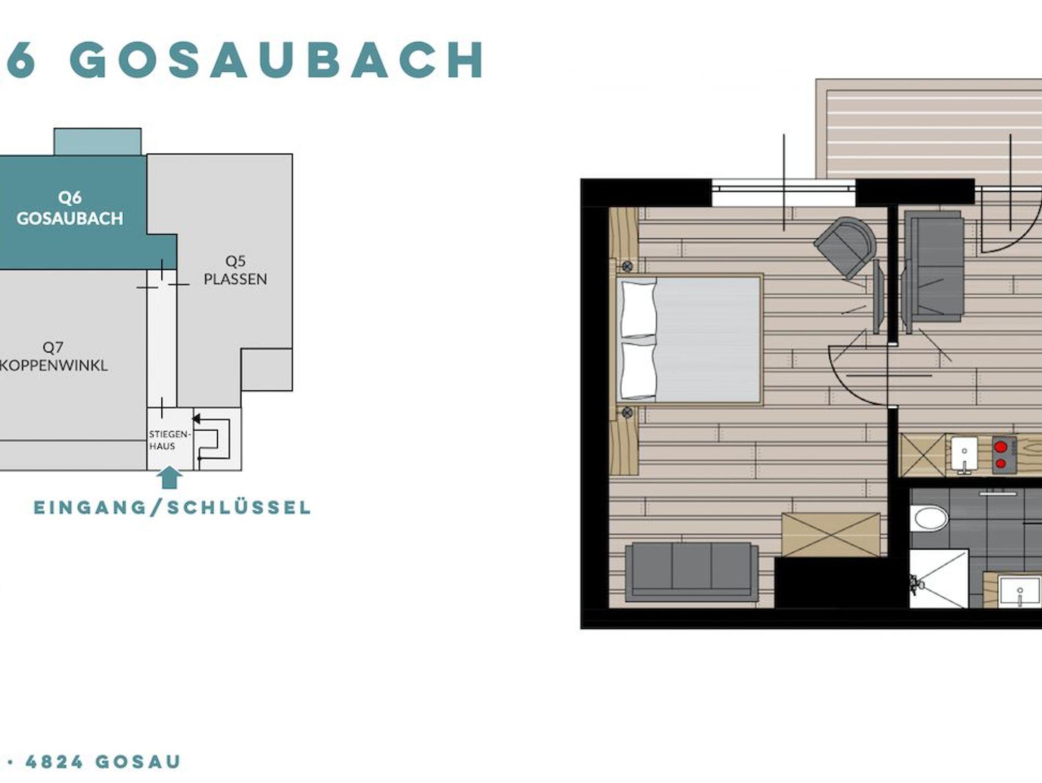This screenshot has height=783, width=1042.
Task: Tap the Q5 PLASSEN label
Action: pos(235,270)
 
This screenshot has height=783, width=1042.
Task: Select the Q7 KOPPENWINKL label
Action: pos(53,356)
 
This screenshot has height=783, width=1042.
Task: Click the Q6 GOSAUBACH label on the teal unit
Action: pos(70,208)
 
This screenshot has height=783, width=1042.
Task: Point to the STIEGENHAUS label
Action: pos(169,440)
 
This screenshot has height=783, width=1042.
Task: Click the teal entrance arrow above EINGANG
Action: pos(169,478)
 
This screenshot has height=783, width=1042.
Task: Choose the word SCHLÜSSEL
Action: pos(239,508)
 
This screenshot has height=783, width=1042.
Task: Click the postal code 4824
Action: pos(54,762)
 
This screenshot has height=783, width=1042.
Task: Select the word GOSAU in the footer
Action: pos(138,762)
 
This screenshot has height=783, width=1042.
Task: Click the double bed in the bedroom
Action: pos(689,340)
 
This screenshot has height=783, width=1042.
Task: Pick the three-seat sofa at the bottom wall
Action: pos(691,571)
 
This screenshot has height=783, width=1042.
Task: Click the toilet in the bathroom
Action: pos(930,518)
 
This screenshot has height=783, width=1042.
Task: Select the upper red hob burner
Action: pos(1001,447)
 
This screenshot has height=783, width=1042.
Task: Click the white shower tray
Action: pos(939,578)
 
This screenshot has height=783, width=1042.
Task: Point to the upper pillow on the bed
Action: pos(638,307)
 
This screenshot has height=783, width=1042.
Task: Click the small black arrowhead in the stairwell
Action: pos(196,418)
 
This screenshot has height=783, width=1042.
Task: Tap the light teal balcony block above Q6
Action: pos(98,142)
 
